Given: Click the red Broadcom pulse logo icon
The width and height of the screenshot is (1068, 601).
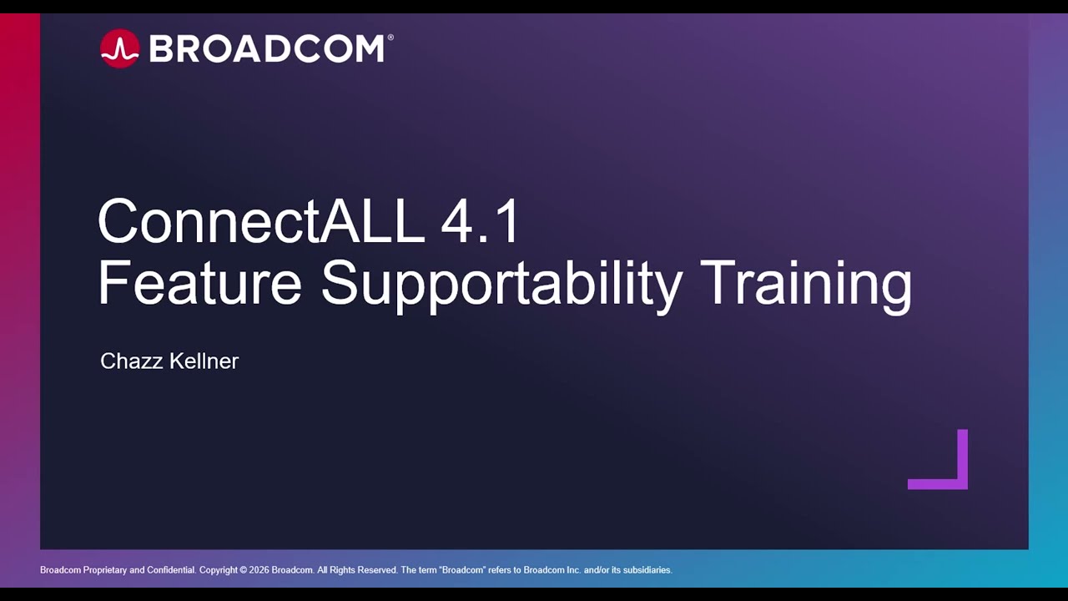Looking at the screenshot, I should tap(119, 48).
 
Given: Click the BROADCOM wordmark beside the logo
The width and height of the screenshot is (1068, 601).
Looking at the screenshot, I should tap(266, 49).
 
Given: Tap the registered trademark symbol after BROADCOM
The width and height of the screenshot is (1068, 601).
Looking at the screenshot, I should tap(390, 37).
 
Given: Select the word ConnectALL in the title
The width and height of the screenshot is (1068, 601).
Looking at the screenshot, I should tap(260, 222).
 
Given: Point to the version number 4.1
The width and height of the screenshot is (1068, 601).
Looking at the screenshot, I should tap(480, 222).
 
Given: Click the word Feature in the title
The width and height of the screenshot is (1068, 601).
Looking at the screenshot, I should tap(199, 284).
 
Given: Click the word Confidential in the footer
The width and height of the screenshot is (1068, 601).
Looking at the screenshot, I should tap(170, 570).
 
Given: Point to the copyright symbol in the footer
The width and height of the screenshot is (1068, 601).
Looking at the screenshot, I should tap(243, 570).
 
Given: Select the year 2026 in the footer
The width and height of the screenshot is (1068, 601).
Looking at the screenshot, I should tap(259, 570).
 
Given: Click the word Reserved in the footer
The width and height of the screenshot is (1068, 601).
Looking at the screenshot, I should tap(376, 570).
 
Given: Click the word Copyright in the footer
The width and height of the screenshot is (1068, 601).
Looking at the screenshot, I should tap(218, 570).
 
